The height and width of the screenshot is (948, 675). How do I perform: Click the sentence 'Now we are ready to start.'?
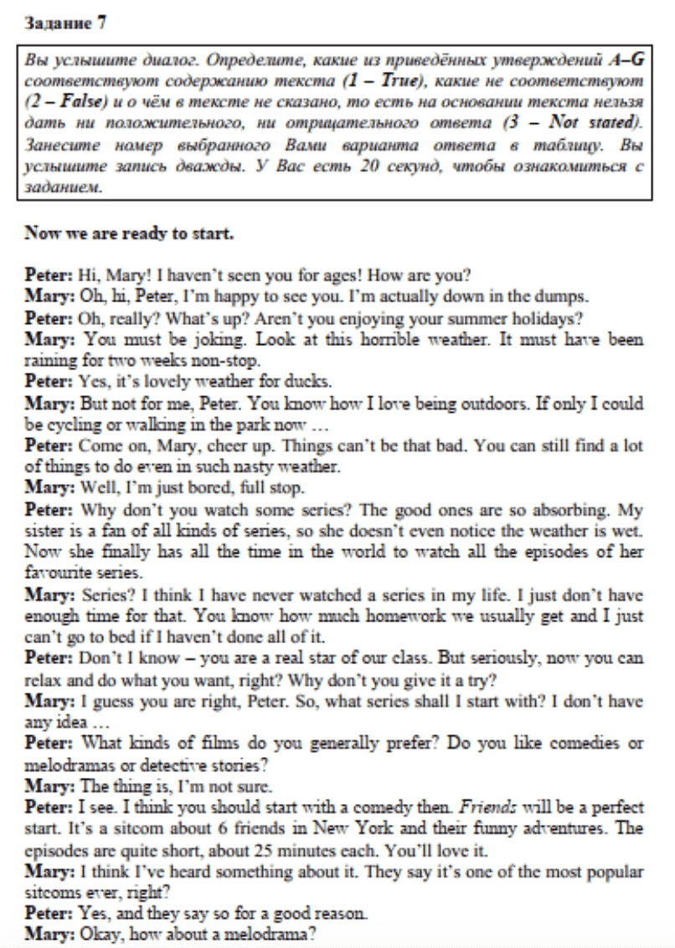129,233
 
